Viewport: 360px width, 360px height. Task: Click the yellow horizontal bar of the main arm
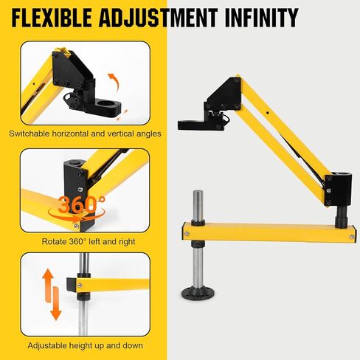266,232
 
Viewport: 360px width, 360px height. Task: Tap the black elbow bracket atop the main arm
223,94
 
